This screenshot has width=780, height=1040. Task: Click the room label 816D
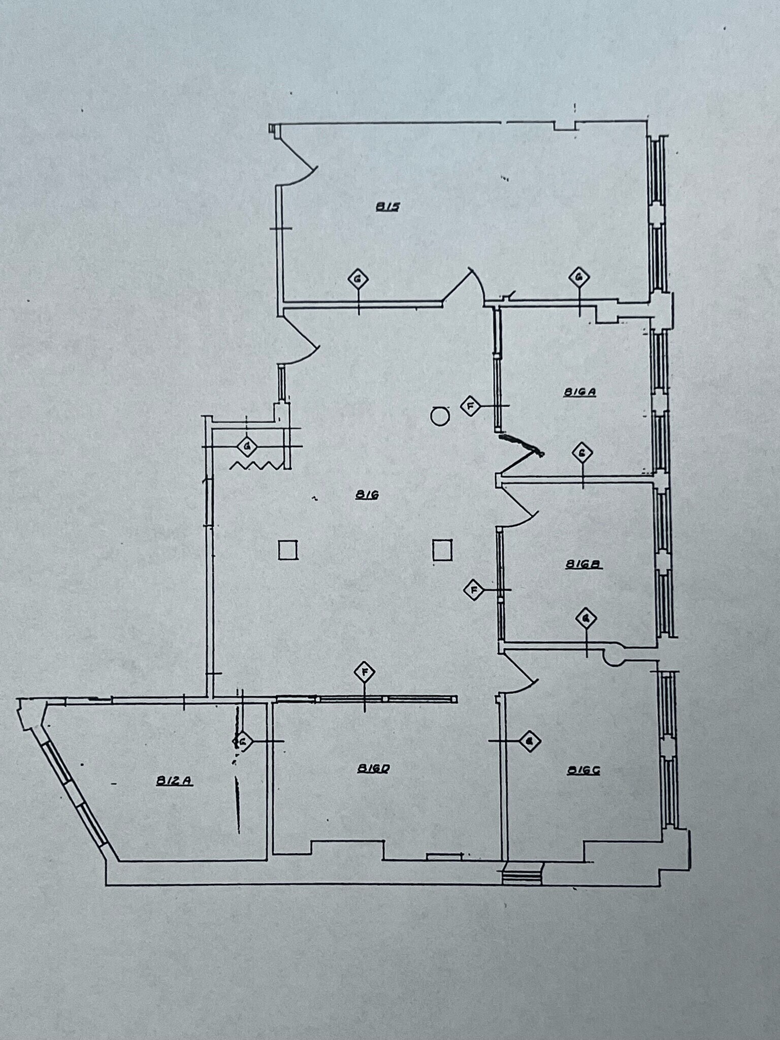coord(373,769)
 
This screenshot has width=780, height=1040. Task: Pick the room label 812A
coord(174,782)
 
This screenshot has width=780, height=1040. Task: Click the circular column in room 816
coord(440,417)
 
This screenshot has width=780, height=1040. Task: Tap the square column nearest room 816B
coord(442,550)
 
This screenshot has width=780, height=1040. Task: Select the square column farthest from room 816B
coord(288,550)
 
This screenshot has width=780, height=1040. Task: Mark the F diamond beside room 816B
coord(473,590)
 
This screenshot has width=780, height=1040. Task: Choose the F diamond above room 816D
coord(364,673)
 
